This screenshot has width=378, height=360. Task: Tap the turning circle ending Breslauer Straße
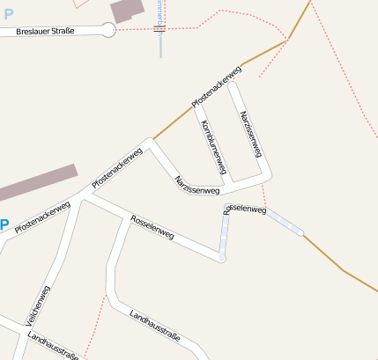pos(108,30)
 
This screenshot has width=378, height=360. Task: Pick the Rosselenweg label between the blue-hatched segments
pos(246,209)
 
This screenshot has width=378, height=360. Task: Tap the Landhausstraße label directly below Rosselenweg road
pos(154,325)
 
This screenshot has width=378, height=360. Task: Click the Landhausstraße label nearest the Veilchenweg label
pos(53,346)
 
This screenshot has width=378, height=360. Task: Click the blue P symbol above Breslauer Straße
pos(9,13)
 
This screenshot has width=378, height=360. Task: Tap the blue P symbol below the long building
pos(4,224)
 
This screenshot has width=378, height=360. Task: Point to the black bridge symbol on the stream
pos(159,29)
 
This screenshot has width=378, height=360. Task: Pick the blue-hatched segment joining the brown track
pos(285,223)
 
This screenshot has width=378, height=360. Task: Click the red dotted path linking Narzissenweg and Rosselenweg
pos(263,195)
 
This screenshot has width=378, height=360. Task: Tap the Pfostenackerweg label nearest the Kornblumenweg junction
pos(217,88)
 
